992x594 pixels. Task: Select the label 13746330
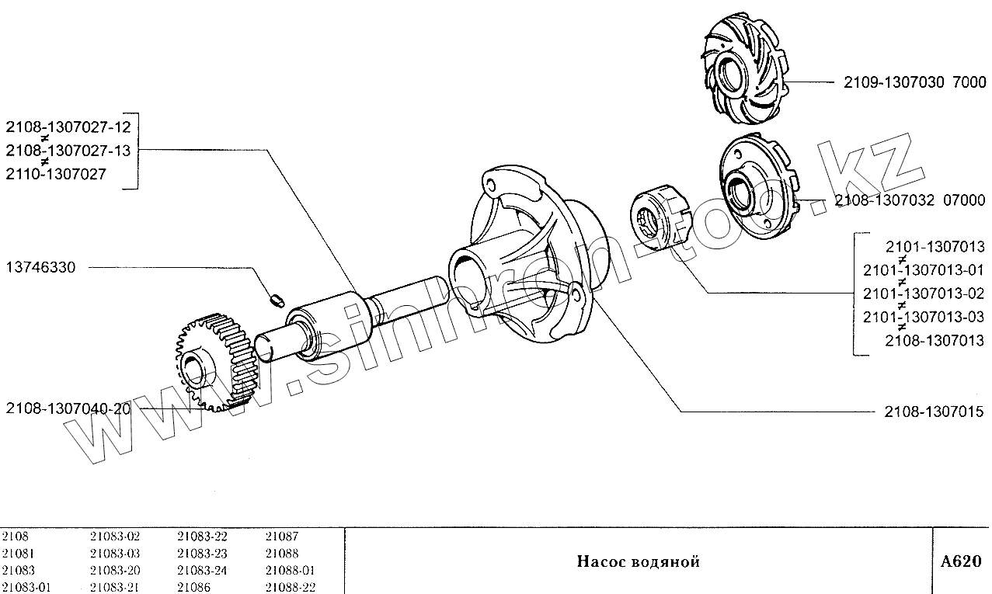click(40, 268)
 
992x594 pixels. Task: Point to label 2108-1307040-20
click(68, 408)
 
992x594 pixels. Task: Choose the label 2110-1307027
click(56, 175)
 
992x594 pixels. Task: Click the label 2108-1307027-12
click(68, 127)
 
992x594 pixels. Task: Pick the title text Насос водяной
click(638, 561)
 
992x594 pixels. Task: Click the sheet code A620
click(961, 561)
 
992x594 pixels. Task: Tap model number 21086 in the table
click(193, 587)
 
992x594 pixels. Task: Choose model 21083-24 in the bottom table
click(202, 570)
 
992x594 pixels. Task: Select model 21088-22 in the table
click(290, 587)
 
